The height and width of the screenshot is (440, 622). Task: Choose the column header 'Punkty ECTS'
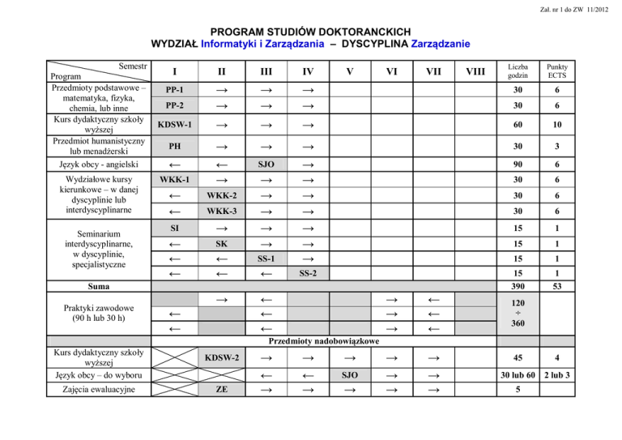[x=557, y=70]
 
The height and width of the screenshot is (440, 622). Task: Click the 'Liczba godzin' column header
[x=517, y=70]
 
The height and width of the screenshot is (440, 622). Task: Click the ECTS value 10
[x=557, y=126]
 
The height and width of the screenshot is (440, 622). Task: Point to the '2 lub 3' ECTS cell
[x=557, y=374]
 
